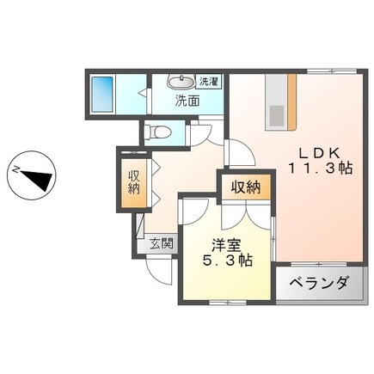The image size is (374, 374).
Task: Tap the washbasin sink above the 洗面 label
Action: [x=181, y=83]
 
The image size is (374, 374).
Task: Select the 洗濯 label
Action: [x=209, y=82]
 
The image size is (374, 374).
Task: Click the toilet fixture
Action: [x=156, y=132]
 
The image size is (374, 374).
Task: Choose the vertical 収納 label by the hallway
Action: [x=133, y=183]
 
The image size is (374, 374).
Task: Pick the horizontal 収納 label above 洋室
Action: [x=244, y=187]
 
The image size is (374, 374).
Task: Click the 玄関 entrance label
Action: [x=159, y=243]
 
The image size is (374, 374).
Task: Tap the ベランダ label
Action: [x=318, y=283]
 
